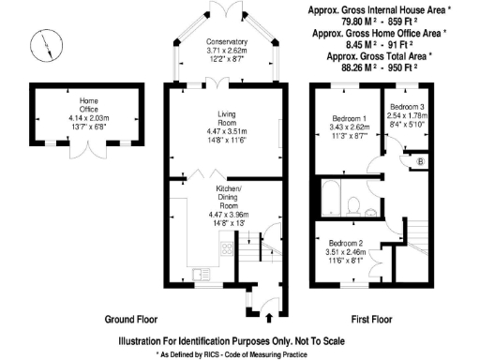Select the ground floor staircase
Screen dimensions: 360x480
(x=248, y=254)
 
